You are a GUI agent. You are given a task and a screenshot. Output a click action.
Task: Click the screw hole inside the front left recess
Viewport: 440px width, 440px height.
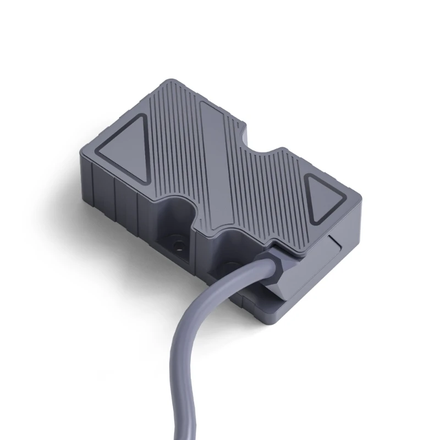pyautogui.click(x=177, y=241)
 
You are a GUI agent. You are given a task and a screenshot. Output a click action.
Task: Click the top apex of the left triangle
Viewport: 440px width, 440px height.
pyautogui.click(x=142, y=117)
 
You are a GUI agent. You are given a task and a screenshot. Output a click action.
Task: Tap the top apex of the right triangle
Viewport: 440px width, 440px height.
pyautogui.click(x=308, y=177)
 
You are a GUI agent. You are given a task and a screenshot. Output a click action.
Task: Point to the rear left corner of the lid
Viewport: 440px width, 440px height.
pyautogui.click(x=163, y=84)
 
